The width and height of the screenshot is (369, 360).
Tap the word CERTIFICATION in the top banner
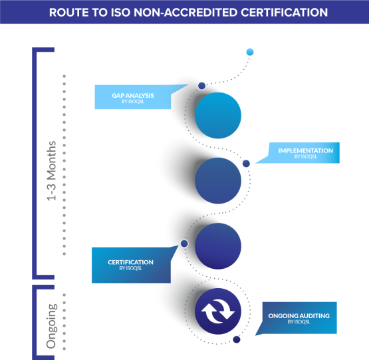pyautogui.click(x=284, y=13)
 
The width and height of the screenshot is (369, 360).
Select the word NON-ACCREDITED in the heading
pyautogui.click(x=185, y=13)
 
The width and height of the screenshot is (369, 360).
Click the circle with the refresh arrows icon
pyautogui.click(x=218, y=311)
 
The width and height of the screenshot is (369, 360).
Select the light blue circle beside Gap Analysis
pyautogui.click(x=218, y=115)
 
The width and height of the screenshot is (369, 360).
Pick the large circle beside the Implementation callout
pyautogui.click(x=218, y=181)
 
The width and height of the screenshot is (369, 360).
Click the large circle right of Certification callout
pyautogui.click(x=218, y=246)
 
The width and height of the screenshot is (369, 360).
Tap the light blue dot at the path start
pyautogui.click(x=250, y=52)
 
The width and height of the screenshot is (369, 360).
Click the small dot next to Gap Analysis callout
pyautogui.click(x=201, y=86)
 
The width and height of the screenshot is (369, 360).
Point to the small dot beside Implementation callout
pyautogui.click(x=246, y=164)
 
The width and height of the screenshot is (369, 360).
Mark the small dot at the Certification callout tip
pyautogui.click(x=184, y=244)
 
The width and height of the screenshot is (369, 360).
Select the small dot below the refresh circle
pyautogui.click(x=237, y=339)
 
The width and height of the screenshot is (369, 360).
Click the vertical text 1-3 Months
pyautogui.click(x=52, y=171)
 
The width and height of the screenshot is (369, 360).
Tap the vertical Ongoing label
pyautogui.click(x=52, y=326)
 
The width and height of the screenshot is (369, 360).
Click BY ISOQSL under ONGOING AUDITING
pyautogui.click(x=299, y=322)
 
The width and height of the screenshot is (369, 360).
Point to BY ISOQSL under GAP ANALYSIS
pyautogui.click(x=133, y=102)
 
